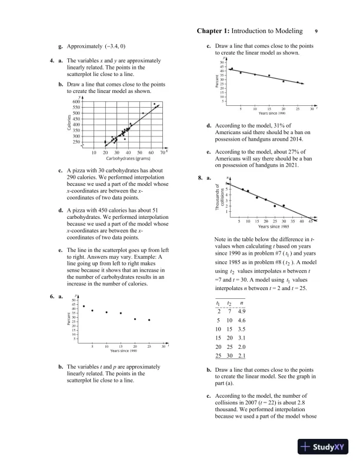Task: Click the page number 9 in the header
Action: [316, 31]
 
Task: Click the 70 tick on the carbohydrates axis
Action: [162, 152]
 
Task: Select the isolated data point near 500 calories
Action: [143, 112]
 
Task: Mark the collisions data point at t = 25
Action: [275, 206]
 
